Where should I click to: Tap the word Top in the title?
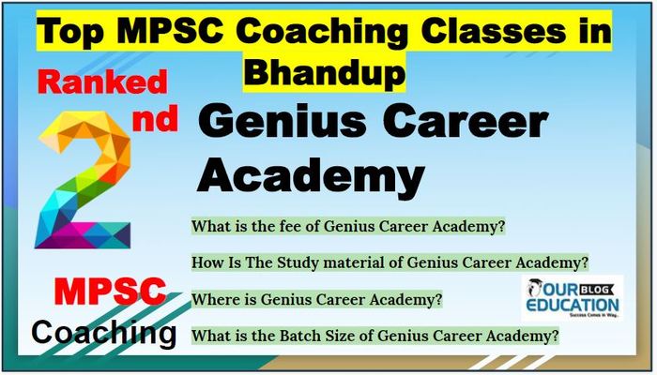coord(70,33)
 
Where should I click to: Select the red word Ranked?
coord(102,82)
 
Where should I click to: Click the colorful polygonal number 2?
coord(83,180)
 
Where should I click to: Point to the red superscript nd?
coord(155,119)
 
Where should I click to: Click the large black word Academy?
coord(311,177)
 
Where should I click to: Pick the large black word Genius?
coord(282,121)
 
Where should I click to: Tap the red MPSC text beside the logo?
coord(110,292)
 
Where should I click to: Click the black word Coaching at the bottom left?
coord(103,334)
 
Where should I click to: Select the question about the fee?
coord(348,227)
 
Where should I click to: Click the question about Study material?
coord(390,262)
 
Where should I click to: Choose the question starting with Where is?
coord(317,299)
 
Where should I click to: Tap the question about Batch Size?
coord(375,336)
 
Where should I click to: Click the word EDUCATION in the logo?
coord(572,305)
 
